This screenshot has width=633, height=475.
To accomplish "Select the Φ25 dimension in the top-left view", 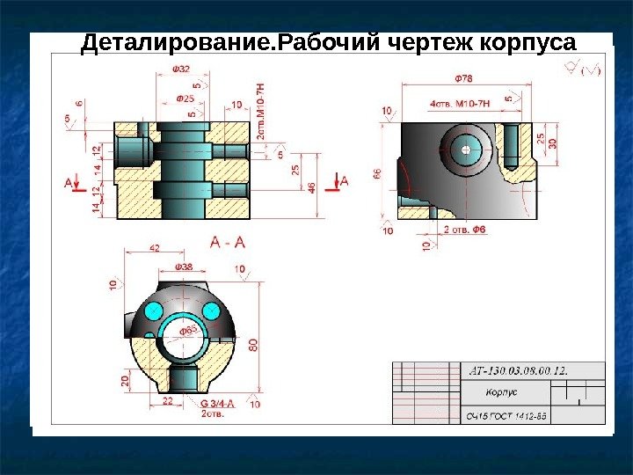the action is pyautogui.click(x=186, y=98).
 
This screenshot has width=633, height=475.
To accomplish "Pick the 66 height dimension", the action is pyautogui.click(x=378, y=175).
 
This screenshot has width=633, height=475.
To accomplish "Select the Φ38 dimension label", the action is pyautogui.click(x=186, y=266).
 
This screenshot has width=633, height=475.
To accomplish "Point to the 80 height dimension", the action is pyautogui.click(x=254, y=345).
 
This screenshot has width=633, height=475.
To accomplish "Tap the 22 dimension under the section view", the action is pyautogui.click(x=168, y=401).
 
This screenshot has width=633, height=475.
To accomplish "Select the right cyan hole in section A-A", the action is pyautogui.click(x=212, y=310).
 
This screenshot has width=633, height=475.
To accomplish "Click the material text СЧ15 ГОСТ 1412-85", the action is pyautogui.click(x=506, y=416).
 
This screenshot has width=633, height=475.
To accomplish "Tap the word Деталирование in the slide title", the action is pyautogui.click(x=175, y=43).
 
